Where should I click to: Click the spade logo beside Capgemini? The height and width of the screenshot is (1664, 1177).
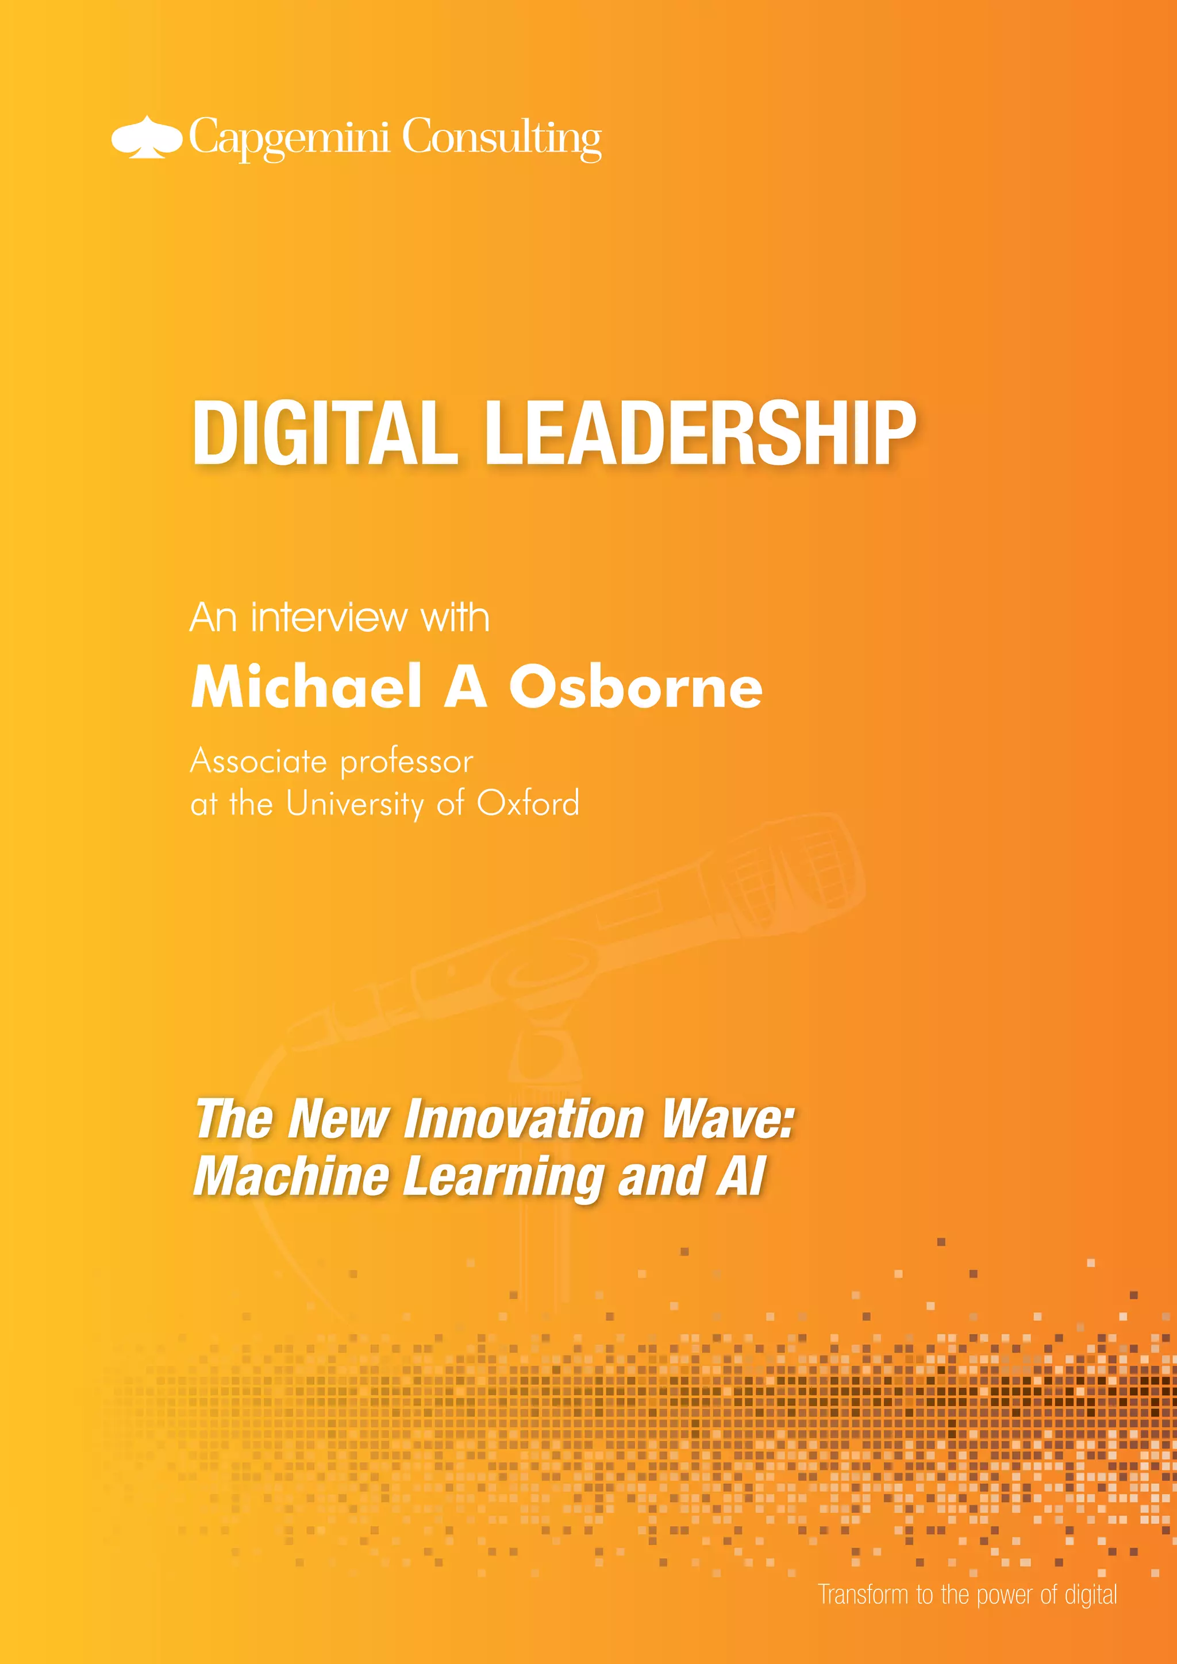pyautogui.click(x=146, y=137)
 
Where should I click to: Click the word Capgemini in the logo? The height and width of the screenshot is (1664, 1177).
pyautogui.click(x=289, y=138)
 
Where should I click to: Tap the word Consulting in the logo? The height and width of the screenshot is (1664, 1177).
pyautogui.click(x=502, y=138)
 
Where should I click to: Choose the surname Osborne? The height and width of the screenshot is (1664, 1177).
pyautogui.click(x=635, y=686)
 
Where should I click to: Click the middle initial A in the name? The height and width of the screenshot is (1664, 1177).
pyautogui.click(x=465, y=686)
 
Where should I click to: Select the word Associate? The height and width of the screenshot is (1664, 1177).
pyautogui.click(x=259, y=762)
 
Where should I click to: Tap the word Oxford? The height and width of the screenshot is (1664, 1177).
pyautogui.click(x=528, y=803)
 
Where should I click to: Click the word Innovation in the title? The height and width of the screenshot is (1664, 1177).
pyautogui.click(x=524, y=1119)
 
